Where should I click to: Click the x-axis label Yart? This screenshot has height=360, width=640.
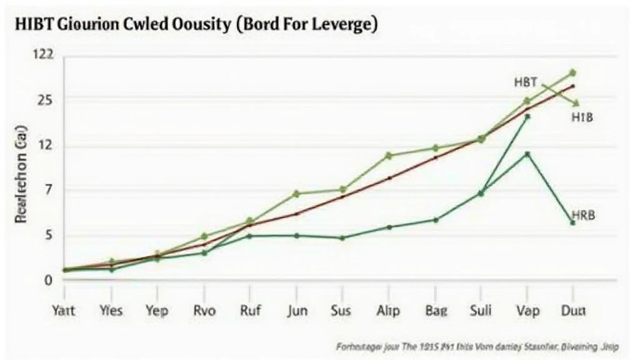[64, 311]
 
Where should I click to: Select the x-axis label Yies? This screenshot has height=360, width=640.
[111, 311]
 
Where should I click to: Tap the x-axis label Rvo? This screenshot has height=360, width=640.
[204, 311]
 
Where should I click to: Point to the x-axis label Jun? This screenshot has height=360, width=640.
[296, 311]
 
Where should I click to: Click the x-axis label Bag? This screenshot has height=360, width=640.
[435, 311]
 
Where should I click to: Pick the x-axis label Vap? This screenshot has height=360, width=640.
[527, 311]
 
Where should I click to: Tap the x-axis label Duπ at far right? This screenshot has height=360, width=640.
[574, 311]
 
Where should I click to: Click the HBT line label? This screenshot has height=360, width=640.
[526, 82]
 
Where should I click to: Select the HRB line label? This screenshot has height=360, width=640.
[582, 215]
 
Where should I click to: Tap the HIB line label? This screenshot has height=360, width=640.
[582, 117]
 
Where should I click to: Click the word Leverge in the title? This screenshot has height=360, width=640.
[344, 26]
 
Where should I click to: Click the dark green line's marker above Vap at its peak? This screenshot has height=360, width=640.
[527, 117]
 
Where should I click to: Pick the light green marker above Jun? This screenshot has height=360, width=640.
[296, 194]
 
